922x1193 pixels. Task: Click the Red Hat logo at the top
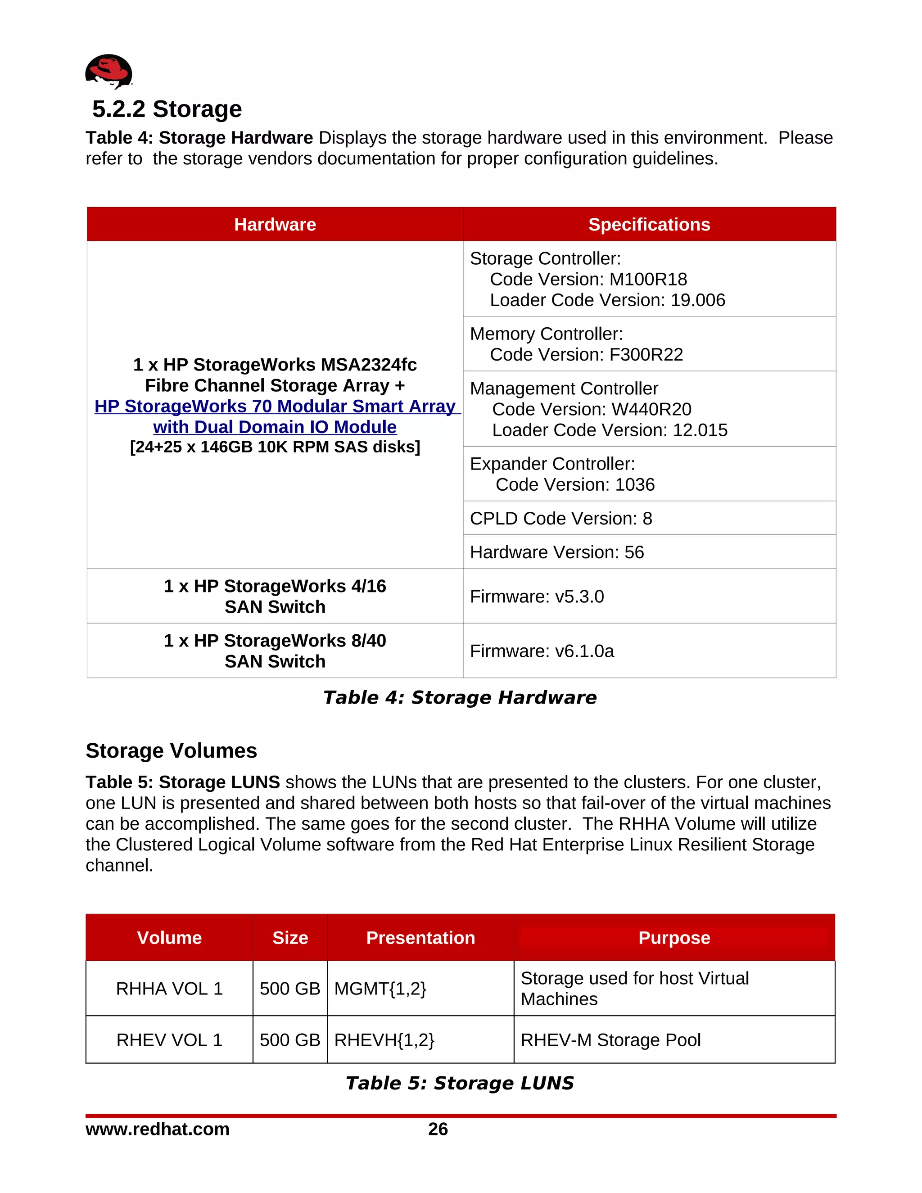[x=108, y=71]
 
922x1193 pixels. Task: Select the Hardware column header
[x=275, y=225]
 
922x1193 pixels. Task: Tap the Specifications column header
[x=649, y=225]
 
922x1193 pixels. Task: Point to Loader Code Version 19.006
[x=607, y=300]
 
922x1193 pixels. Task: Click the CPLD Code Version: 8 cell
[x=560, y=518]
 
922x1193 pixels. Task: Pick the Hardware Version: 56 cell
[x=556, y=552]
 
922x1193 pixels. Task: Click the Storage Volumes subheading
[x=171, y=750]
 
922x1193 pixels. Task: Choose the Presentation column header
[x=420, y=938]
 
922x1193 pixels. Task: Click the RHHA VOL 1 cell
[x=169, y=989]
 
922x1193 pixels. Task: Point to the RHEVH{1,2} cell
[x=384, y=1040]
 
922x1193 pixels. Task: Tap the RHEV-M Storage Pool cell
[x=610, y=1040]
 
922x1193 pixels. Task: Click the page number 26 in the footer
[x=438, y=1129]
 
